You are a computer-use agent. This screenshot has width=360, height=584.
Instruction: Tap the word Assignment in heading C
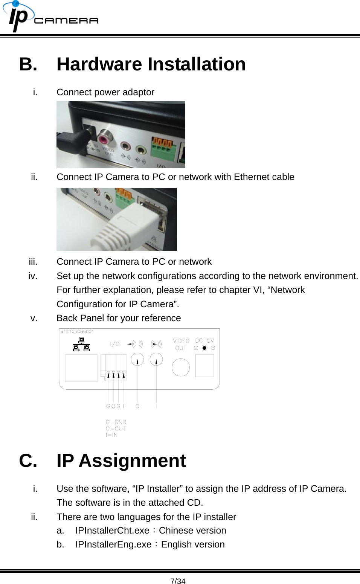132,460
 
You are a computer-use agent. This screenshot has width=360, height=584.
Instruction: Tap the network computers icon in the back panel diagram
81,345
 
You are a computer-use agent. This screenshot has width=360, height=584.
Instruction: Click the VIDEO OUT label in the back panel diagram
181,344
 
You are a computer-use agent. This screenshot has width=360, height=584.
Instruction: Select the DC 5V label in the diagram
204,340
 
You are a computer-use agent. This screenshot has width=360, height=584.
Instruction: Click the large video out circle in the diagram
181,367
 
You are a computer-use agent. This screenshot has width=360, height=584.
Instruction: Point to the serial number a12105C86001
78,332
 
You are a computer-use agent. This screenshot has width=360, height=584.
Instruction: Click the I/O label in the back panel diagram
115,344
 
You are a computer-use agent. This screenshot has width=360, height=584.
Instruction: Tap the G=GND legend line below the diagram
116,422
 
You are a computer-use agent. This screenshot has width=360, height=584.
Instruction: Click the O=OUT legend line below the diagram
116,428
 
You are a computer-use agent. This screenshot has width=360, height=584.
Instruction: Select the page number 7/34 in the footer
178,581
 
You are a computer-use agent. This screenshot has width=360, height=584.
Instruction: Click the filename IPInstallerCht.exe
112,531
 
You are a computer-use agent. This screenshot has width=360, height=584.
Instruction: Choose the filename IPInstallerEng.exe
113,544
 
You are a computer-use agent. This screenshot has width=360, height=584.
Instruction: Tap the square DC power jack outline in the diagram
204,366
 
